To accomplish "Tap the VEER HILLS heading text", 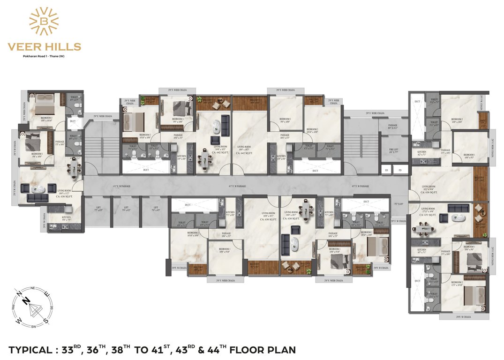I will click(x=44, y=47).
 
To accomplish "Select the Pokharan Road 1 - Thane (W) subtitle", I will click(x=44, y=56).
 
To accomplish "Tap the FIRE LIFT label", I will click(x=393, y=150).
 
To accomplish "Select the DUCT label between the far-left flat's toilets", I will click(x=73, y=121).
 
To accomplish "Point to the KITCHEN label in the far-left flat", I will click(x=67, y=217).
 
